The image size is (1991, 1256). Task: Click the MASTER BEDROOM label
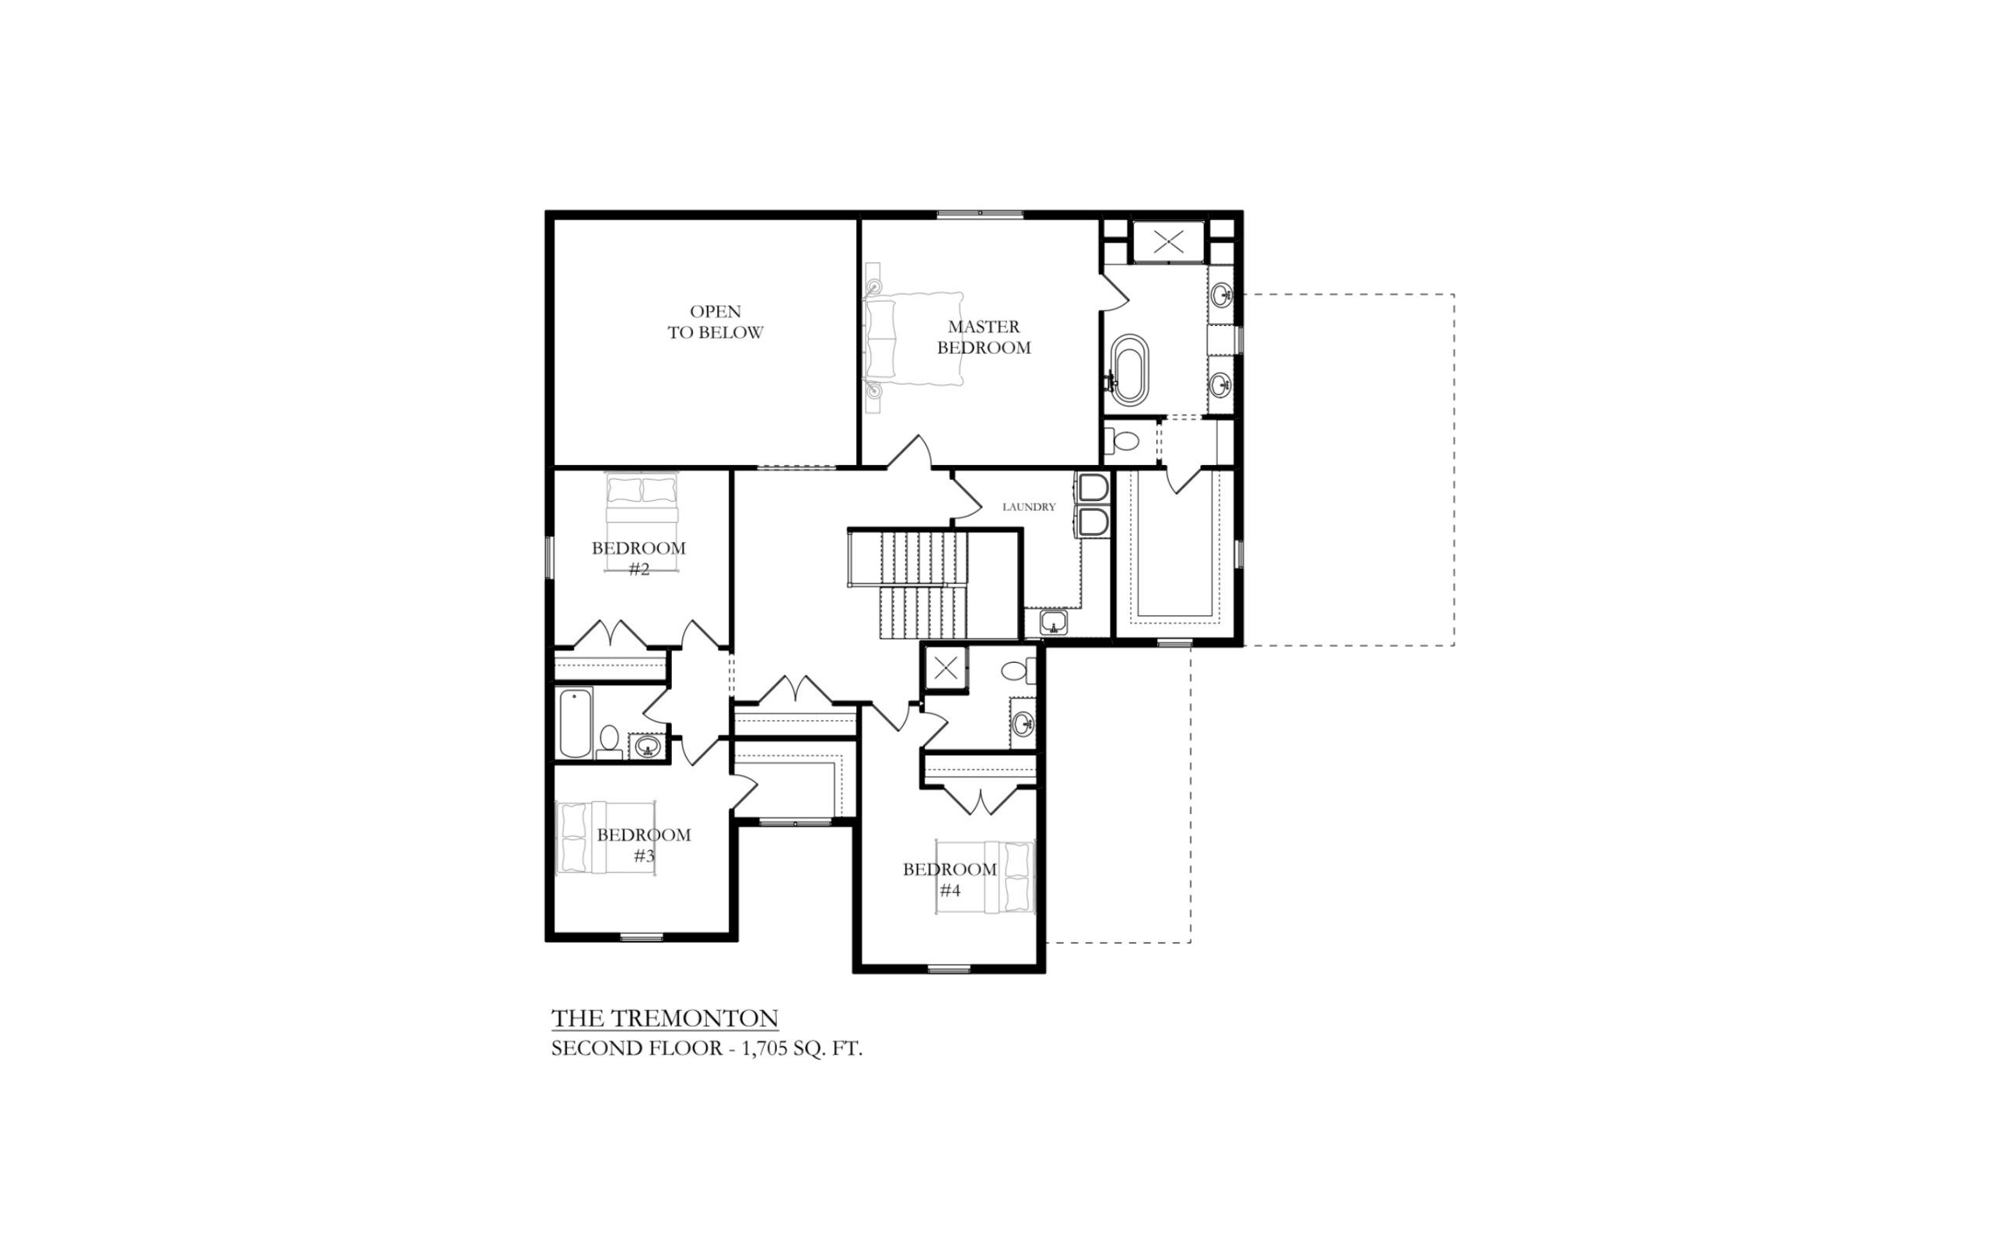984,338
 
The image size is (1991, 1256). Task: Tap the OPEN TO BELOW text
716,322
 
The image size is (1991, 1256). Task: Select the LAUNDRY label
1029,507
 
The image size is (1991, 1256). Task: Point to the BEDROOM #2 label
639,558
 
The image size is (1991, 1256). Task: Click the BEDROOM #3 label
644,845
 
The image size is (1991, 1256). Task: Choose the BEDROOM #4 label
949,880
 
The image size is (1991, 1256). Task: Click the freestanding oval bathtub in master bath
1128,369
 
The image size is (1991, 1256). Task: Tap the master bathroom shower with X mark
1168,243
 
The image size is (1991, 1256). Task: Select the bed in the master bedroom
914,338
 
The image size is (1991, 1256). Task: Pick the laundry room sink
1053,622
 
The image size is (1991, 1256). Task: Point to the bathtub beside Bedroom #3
576,723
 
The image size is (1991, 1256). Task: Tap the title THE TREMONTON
665,1018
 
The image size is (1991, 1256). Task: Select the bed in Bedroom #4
985,877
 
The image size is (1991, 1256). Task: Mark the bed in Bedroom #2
642,522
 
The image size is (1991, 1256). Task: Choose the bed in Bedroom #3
605,838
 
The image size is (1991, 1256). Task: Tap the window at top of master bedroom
980,214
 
